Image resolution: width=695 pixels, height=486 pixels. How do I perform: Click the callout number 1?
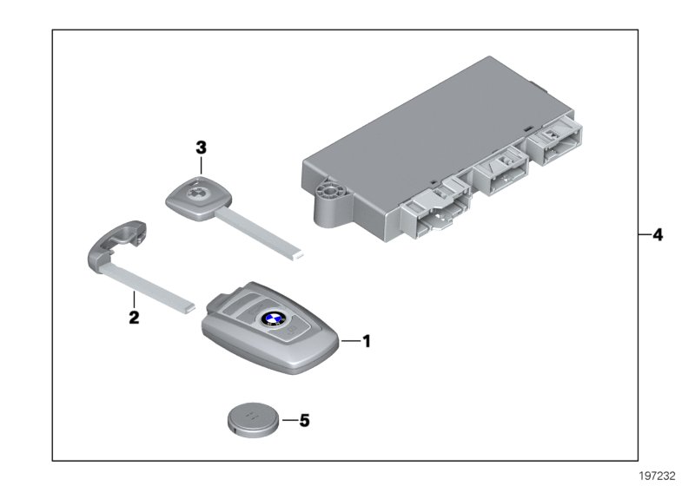point(366,342)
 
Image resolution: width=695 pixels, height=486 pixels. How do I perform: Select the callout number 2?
point(134,318)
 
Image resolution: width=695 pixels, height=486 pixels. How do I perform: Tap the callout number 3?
point(201,148)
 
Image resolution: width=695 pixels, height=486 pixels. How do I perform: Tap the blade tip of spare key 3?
point(298,255)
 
